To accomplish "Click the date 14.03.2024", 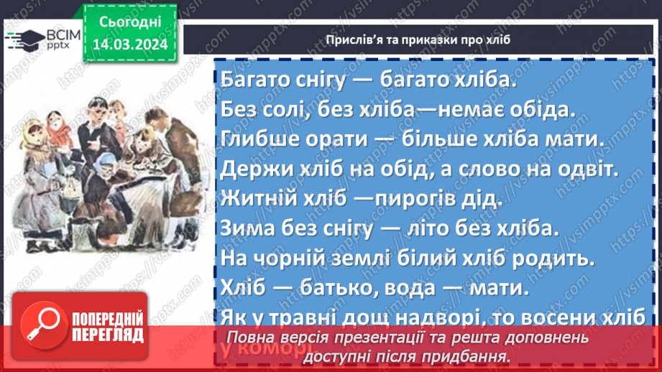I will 131,44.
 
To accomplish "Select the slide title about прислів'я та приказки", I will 416,39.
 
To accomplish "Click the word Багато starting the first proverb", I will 254,80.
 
